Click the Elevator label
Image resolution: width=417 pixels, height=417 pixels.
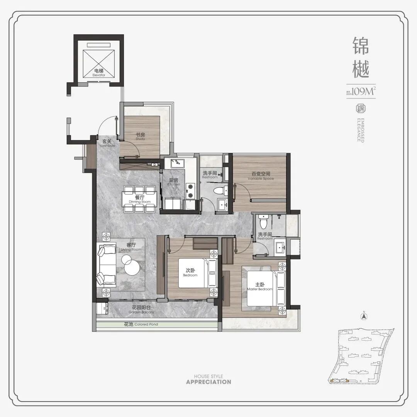click(x=99, y=73)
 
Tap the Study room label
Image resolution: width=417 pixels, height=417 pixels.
click(x=140, y=136)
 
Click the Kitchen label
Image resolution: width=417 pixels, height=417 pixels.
click(x=174, y=182)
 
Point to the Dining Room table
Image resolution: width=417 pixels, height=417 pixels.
click(x=140, y=199)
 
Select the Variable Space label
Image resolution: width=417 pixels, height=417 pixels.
click(x=260, y=176)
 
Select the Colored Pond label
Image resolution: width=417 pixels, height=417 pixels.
click(x=141, y=324)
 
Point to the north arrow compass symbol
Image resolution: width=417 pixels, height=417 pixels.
click(x=363, y=316)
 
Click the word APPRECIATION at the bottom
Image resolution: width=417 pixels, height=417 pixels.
click(x=208, y=382)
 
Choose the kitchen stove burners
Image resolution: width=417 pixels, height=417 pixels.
click(x=190, y=189)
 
